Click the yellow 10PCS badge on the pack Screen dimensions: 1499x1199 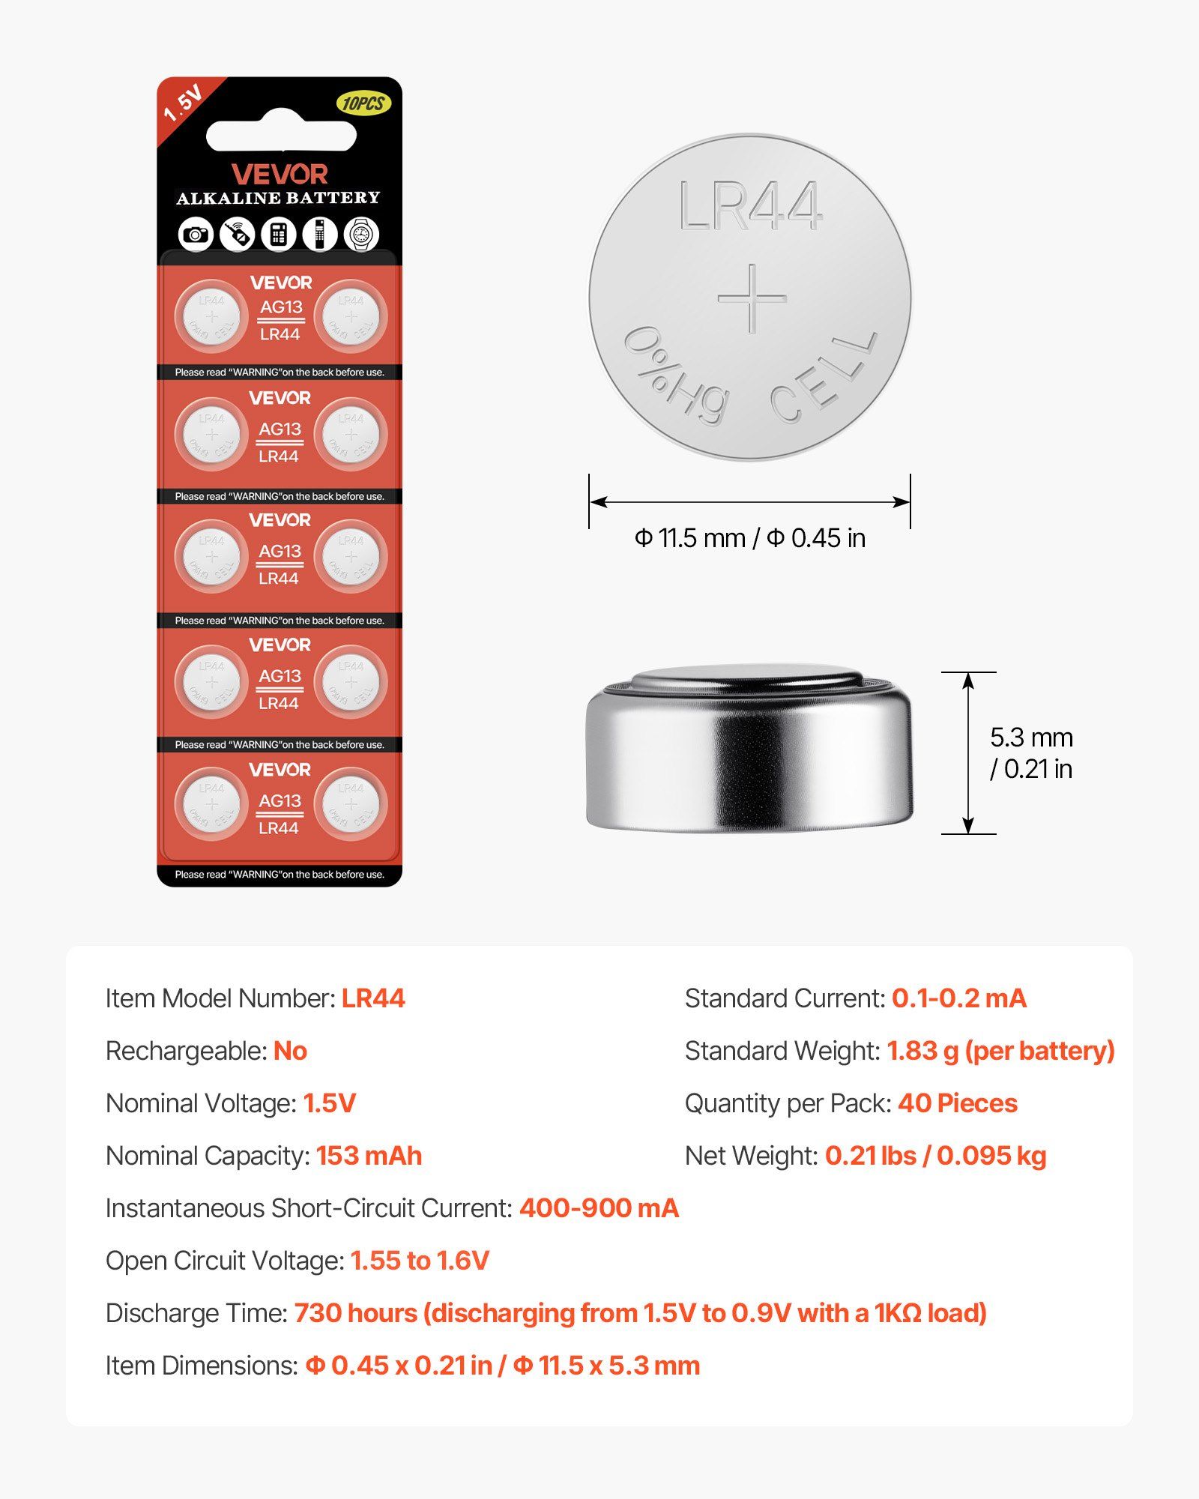pos(363,103)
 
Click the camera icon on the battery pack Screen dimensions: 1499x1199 pos(196,235)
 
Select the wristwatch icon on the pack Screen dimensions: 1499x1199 pos(361,235)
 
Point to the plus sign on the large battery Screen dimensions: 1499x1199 pos(752,298)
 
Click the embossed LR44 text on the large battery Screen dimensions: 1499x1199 pos(750,206)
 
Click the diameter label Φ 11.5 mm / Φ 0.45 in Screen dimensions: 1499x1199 pos(749,538)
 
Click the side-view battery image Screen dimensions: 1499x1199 pos(749,749)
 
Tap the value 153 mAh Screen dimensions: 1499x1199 pos(369,1156)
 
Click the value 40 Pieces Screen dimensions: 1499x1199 pos(957,1103)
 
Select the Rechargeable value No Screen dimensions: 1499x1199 pos(290,1051)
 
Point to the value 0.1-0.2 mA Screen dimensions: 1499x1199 pos(958,998)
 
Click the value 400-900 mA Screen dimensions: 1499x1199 pos(599,1208)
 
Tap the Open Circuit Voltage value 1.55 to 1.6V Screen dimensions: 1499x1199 pos(420,1261)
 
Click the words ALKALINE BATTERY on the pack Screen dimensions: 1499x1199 pos(279,198)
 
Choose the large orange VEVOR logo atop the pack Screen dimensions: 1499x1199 pos(280,175)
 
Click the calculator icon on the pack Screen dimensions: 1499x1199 pos(279,235)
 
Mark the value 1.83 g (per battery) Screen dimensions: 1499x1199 pos(1000,1051)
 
